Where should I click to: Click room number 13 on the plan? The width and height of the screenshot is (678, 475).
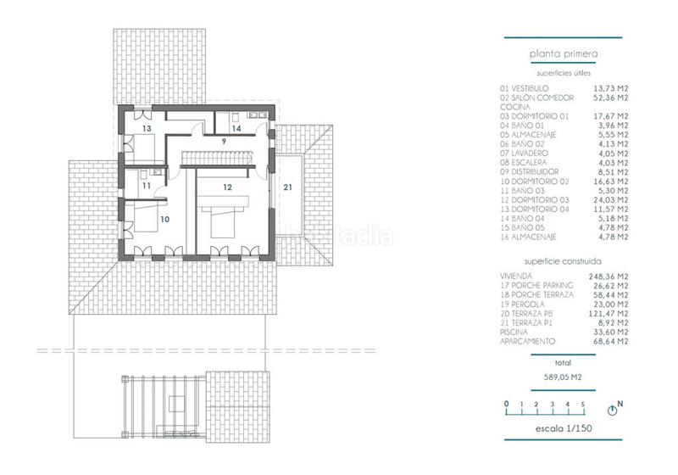coord(147,128)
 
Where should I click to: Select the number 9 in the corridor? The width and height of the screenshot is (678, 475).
coord(224,141)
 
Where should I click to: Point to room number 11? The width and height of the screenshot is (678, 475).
coord(146,185)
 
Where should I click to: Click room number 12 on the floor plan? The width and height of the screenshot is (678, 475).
coord(227,186)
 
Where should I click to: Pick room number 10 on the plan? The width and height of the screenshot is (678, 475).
coord(165,219)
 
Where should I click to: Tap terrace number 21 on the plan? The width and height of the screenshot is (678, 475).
coord(288,187)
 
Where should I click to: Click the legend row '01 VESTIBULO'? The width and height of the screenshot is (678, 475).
coord(525,88)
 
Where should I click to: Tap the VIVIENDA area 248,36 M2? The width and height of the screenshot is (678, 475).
coord(610,277)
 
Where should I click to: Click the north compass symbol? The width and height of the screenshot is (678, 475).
coord(620,407)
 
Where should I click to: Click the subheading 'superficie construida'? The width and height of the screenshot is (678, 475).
coord(564,262)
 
